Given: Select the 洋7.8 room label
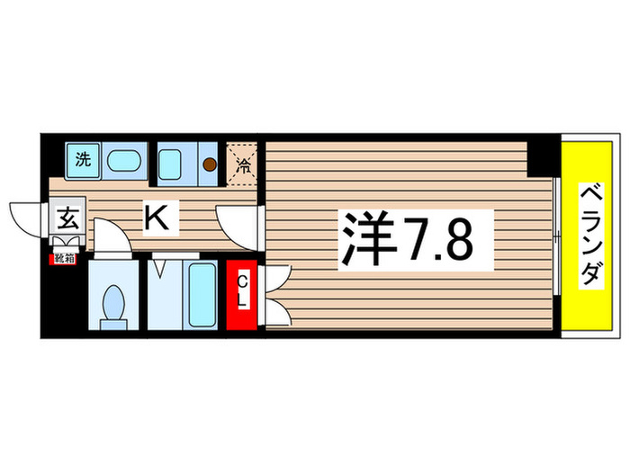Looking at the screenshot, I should click(415, 238).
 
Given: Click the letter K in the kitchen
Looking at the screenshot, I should click(155, 216).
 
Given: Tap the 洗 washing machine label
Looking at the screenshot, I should click(83, 162).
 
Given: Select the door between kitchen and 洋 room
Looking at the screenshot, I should click(236, 223).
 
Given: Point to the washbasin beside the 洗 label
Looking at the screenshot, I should click(122, 163).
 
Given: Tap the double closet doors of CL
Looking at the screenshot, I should click(273, 295).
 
